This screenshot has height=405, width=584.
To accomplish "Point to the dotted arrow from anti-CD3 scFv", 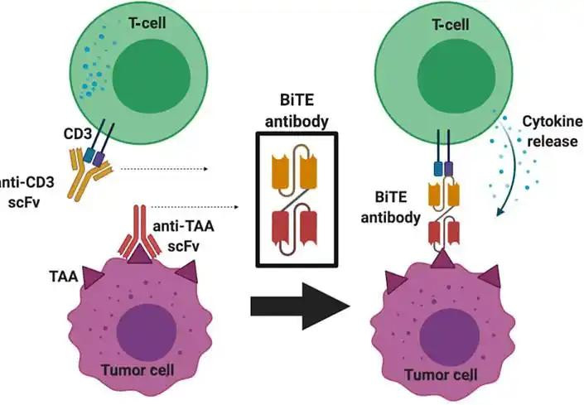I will (162, 169).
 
